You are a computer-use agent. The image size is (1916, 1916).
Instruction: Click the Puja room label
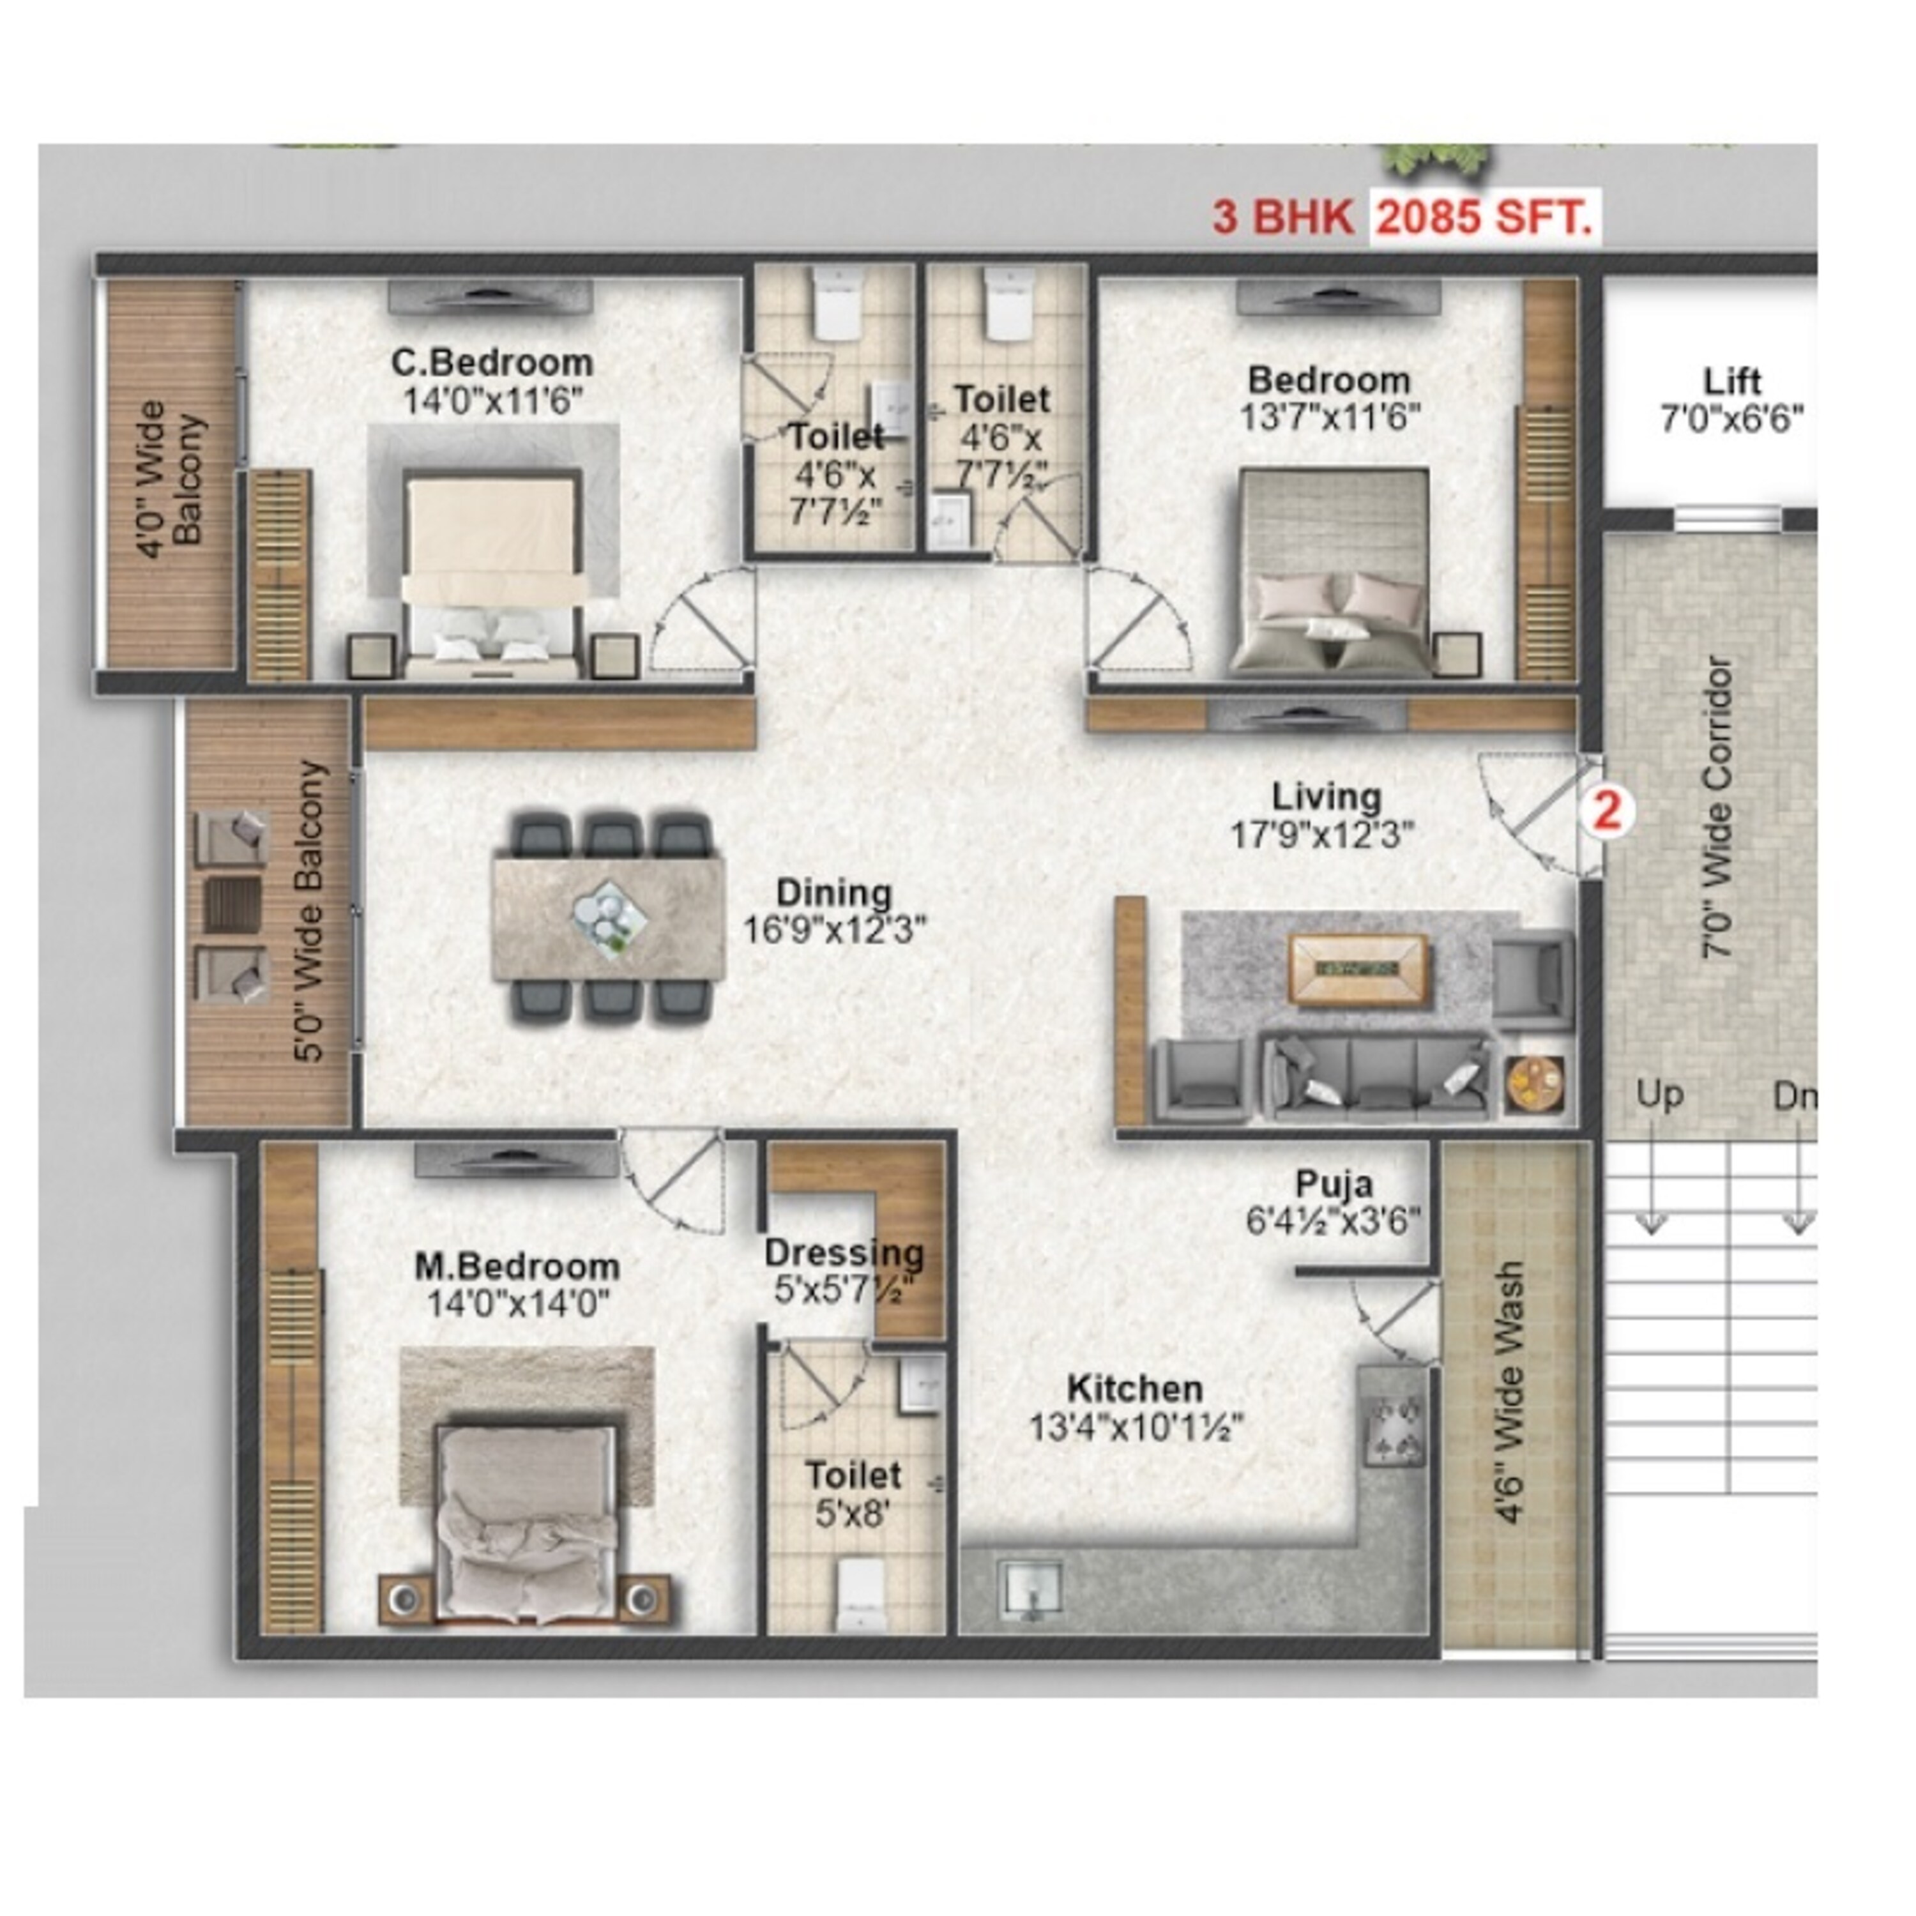tap(1334, 1183)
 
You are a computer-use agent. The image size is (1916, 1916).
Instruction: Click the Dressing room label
tap(844, 1252)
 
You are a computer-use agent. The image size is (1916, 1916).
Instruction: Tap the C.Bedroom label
tap(492, 363)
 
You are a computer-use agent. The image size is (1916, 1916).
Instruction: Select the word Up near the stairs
tap(1659, 1096)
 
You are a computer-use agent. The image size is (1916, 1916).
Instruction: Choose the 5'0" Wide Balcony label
tap(310, 910)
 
